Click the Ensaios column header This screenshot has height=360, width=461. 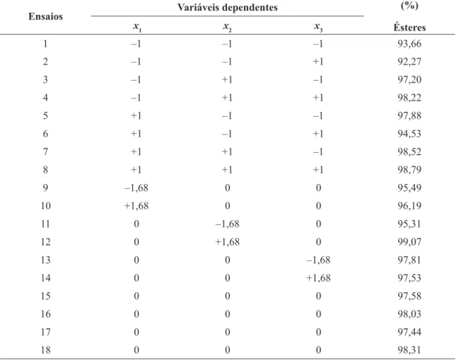[45, 16]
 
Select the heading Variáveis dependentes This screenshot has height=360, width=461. [227, 7]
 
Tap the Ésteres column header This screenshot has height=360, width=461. [409, 28]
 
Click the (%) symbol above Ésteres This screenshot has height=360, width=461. [409, 5]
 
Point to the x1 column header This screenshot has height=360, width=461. [136, 27]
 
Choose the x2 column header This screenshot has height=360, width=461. [227, 27]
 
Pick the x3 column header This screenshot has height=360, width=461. [318, 27]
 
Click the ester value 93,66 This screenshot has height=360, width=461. [409, 44]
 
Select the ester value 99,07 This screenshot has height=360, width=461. [409, 242]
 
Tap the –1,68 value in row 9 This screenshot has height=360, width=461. [136, 187]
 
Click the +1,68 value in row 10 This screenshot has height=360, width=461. [136, 206]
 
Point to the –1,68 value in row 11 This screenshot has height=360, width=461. [227, 223]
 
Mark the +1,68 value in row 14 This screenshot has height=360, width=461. [318, 278]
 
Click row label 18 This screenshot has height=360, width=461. [45, 349]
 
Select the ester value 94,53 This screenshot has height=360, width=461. [409, 134]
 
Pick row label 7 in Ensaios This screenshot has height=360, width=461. [45, 152]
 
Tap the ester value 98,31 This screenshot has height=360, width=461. [409, 349]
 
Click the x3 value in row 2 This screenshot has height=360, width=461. [318, 62]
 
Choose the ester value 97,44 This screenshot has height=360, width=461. [409, 332]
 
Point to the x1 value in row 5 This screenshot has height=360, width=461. [136, 115]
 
